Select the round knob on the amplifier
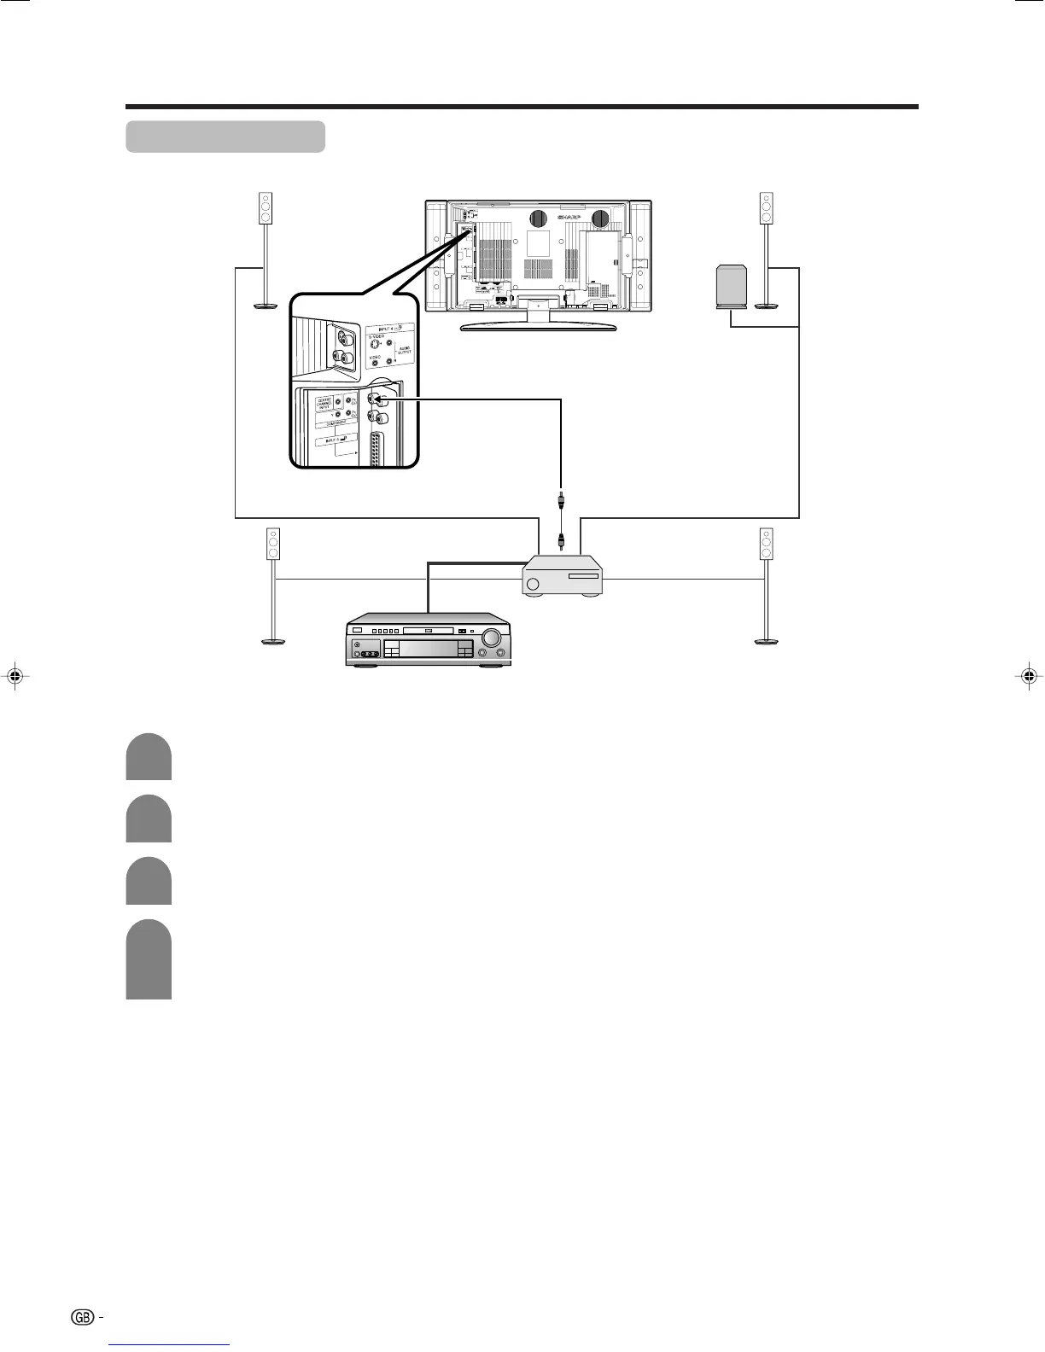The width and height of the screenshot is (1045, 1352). pos(534,585)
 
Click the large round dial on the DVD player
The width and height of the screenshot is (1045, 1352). pos(492,636)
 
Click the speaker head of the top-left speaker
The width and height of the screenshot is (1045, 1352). pos(265,208)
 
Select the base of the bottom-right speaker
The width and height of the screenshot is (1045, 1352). pos(766,640)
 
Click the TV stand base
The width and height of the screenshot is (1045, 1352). pos(538,326)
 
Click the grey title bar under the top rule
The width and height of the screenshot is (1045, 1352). pos(225,137)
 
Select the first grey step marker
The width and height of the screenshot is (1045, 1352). pos(149,757)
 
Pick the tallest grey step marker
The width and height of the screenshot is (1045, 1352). pos(149,959)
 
